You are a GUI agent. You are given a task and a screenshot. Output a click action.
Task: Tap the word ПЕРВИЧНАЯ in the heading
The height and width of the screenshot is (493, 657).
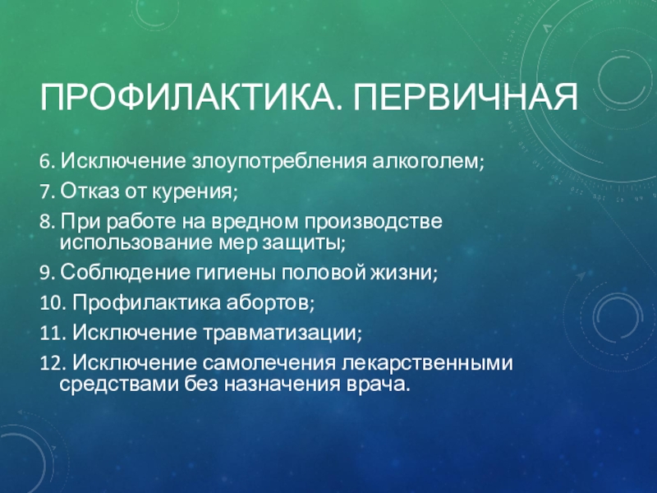tap(465, 98)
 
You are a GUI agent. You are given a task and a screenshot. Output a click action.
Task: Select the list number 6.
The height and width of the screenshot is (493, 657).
tap(47, 161)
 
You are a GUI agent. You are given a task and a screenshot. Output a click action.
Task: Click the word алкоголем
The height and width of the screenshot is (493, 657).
tap(428, 161)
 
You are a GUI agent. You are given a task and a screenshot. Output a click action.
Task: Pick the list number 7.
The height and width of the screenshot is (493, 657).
tap(47, 192)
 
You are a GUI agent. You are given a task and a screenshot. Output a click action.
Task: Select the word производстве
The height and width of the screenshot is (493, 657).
tap(373, 222)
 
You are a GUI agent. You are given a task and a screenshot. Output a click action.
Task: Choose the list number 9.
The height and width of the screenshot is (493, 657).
tap(47, 273)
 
